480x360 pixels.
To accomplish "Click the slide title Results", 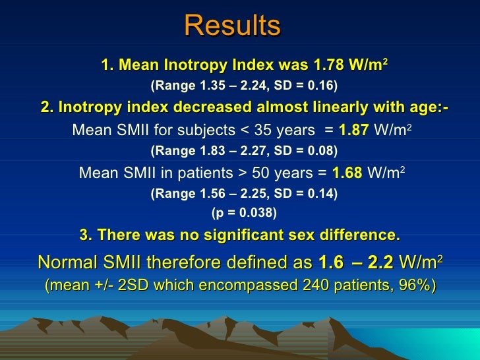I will pos(233,26).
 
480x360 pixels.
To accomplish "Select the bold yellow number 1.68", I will pos(347,173).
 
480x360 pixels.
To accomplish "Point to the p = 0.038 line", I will pos(244,213).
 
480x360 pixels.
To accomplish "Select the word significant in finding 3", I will pos(242,235).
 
